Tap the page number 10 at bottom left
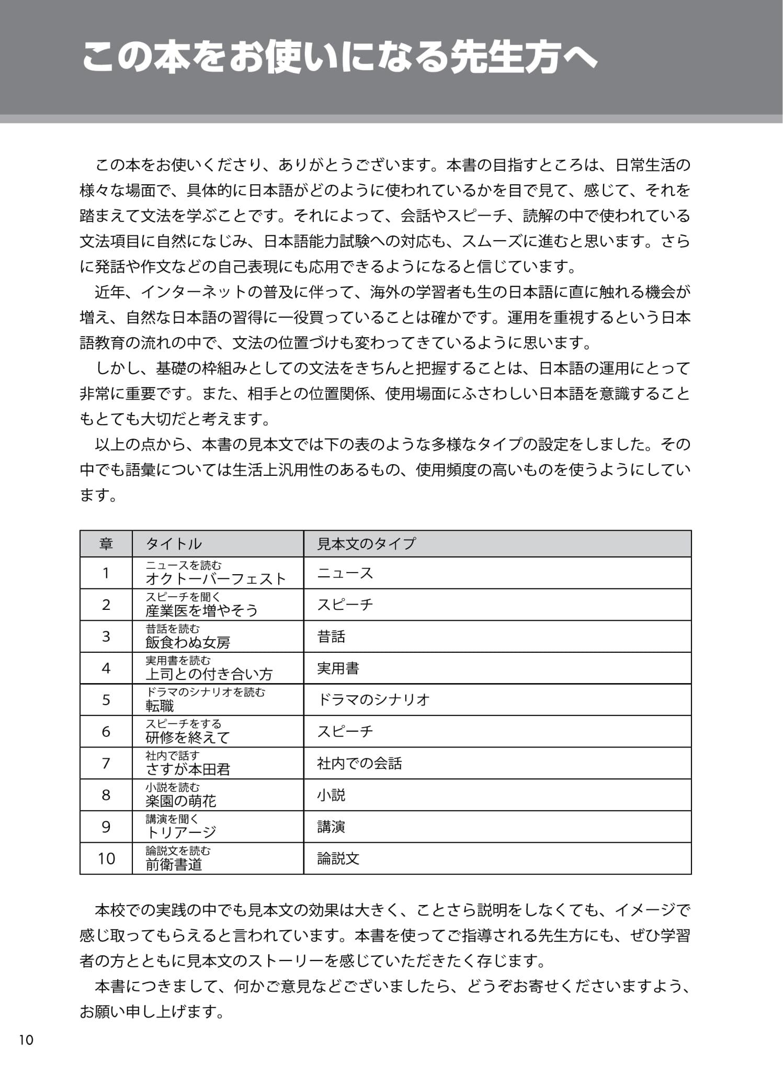click(x=26, y=1040)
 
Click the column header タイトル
click(x=174, y=544)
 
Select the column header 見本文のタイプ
click(x=366, y=544)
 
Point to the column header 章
click(x=106, y=544)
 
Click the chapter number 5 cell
click(x=106, y=700)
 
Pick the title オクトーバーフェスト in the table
click(x=215, y=578)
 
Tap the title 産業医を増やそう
click(x=201, y=610)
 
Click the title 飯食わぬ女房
click(x=188, y=642)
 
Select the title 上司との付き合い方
click(x=209, y=674)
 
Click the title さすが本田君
click(x=188, y=769)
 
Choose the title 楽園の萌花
click(x=180, y=801)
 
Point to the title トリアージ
click(x=180, y=832)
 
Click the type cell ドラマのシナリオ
click(x=373, y=700)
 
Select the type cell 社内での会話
click(x=359, y=763)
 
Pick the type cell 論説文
click(x=338, y=858)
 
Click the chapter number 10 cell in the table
click(x=106, y=858)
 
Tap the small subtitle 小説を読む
click(x=173, y=787)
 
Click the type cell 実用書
click(x=338, y=668)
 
